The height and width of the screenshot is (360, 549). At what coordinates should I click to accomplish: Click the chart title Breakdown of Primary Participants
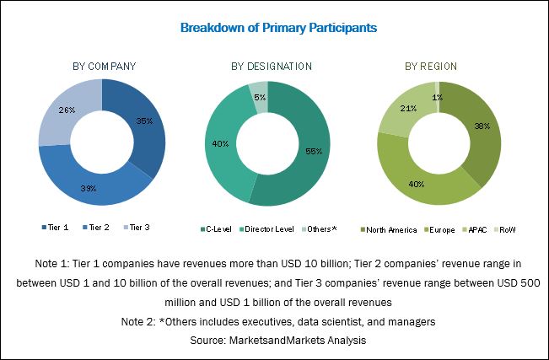(278, 28)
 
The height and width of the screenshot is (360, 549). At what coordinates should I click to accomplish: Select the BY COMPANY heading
(104, 67)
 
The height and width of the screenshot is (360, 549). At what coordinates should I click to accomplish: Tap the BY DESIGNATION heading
(272, 67)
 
